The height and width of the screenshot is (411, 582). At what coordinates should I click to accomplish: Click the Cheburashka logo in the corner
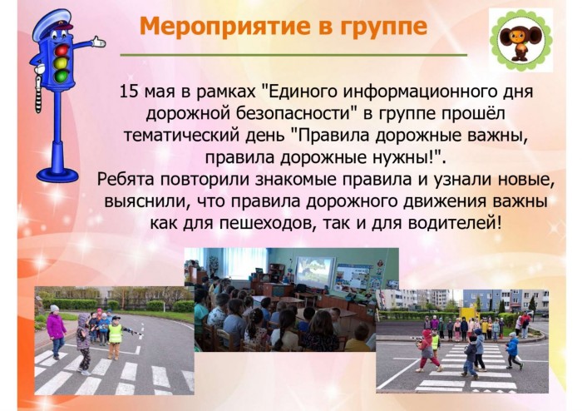(x=520, y=41)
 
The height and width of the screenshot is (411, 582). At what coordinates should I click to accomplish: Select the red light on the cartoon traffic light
(x=62, y=50)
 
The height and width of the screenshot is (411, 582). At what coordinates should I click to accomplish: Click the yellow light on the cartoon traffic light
(x=61, y=62)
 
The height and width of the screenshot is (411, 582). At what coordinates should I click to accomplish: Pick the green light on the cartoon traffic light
(x=61, y=76)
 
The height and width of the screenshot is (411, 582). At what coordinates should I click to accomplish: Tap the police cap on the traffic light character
(x=52, y=23)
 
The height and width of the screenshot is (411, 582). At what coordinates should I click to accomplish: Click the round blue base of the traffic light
(x=57, y=175)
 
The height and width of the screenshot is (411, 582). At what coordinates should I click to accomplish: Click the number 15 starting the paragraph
(x=129, y=92)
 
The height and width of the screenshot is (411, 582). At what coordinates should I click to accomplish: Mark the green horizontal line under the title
(x=293, y=55)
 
